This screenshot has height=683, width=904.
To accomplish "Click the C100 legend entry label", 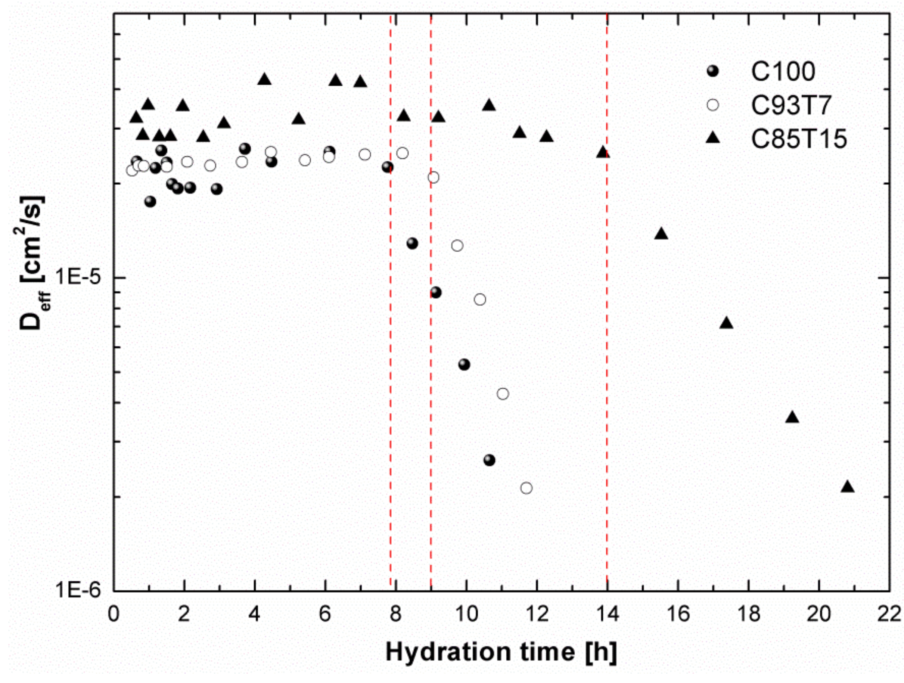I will [783, 72].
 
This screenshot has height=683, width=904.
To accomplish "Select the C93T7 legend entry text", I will [791, 105].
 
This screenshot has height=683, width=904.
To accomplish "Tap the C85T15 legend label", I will [799, 139].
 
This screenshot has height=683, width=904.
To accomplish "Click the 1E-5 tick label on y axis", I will [78, 277].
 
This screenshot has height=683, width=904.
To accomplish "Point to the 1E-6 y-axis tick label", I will [78, 590].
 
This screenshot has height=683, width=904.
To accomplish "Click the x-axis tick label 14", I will [607, 614].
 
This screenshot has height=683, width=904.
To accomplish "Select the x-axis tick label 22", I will [889, 614].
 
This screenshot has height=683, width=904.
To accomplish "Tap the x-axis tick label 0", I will [114, 614].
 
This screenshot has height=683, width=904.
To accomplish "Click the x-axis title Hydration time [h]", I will [501, 652].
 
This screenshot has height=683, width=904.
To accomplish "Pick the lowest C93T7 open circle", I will [526, 488].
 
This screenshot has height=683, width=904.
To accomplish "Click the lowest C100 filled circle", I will [489, 460].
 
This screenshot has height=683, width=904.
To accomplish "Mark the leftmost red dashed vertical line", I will [390, 368].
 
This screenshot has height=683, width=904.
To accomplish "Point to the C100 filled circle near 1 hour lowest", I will [150, 202].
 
